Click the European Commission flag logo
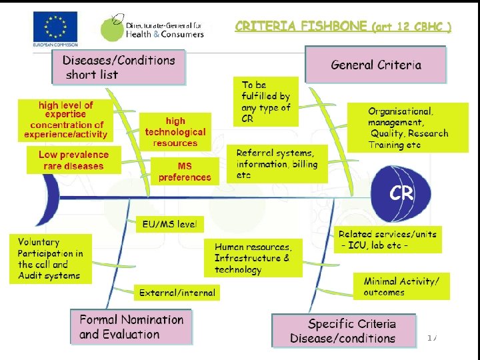point(55,29)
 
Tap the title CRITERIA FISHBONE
point(301,27)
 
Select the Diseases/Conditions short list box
point(118,67)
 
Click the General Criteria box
point(375,65)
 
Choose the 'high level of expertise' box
point(66,120)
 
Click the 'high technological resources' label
point(175,132)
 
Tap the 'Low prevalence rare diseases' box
point(73,161)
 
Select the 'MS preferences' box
point(184,171)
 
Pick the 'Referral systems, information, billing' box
point(277,164)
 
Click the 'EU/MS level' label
point(169,225)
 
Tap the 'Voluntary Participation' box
point(51,259)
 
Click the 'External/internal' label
point(177,292)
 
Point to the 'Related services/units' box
point(387,240)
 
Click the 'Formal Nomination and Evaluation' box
point(131,327)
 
